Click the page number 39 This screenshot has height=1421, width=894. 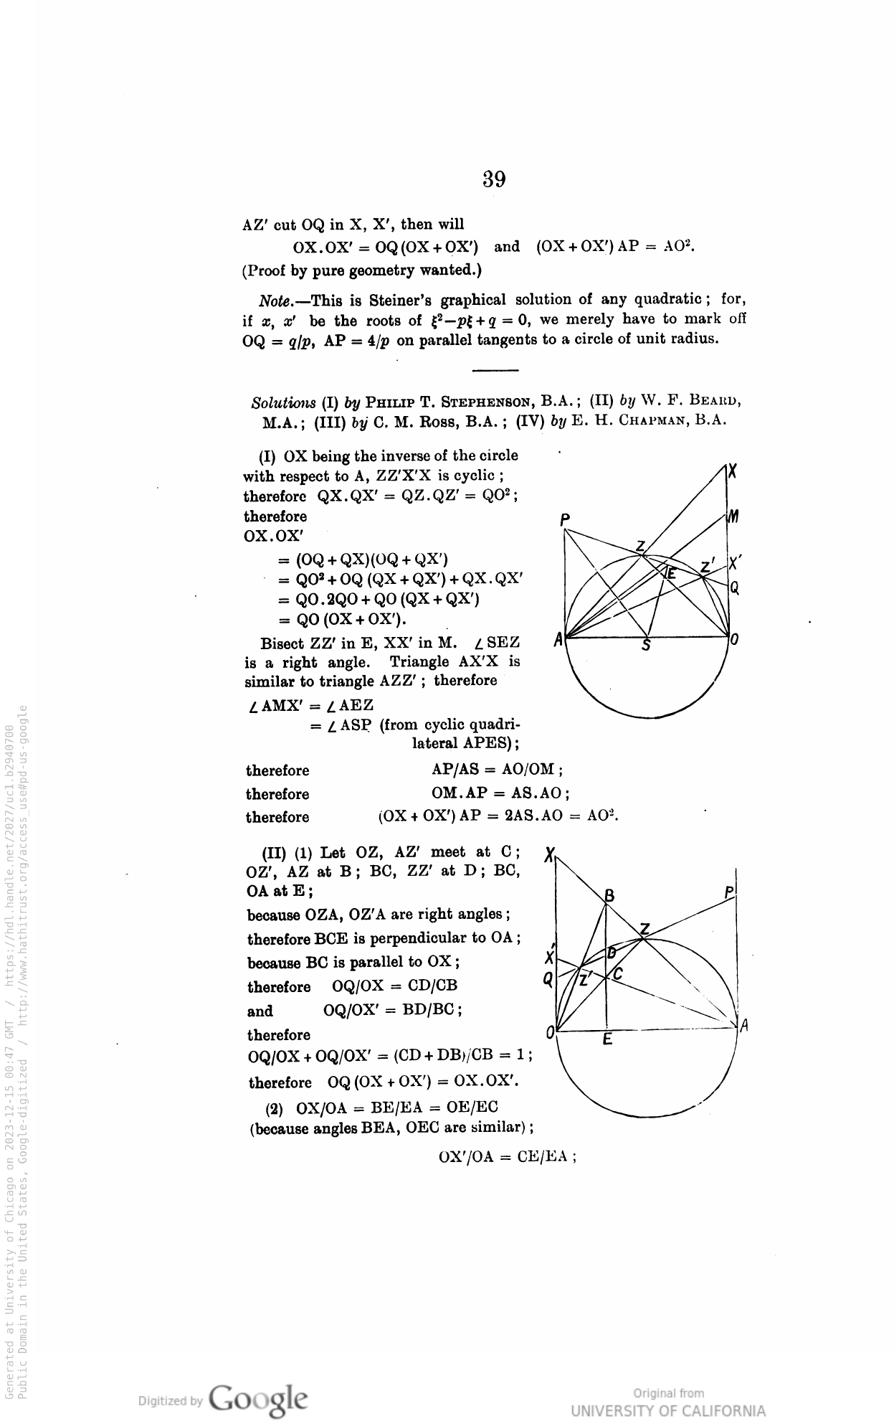[494, 179]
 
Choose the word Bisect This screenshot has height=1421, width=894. [283, 642]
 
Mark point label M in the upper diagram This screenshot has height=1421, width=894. [733, 516]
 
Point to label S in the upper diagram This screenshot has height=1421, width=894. [646, 646]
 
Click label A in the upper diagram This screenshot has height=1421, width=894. [558, 638]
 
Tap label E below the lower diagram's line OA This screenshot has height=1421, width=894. [607, 1039]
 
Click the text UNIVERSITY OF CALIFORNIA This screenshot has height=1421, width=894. [667, 1410]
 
